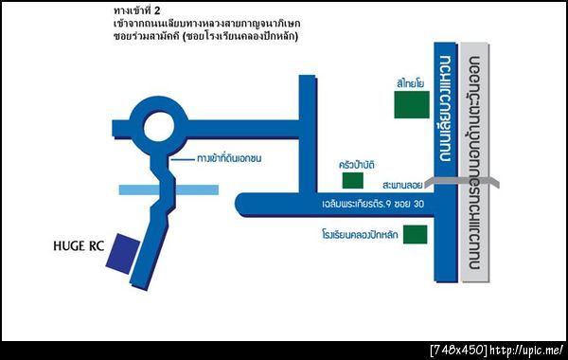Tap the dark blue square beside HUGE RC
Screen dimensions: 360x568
coord(121,250)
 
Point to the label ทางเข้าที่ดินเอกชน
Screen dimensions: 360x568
coord(234,156)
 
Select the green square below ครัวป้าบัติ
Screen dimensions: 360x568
coord(352,181)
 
